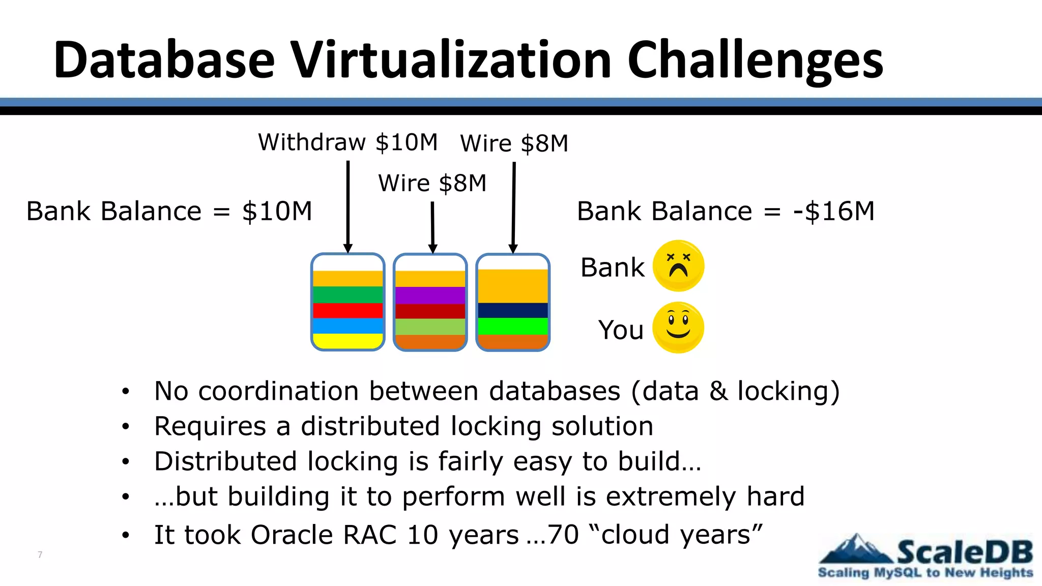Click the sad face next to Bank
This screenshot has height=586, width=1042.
pos(678,266)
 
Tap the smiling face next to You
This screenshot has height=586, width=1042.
pos(678,328)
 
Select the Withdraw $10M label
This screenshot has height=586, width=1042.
pos(348,142)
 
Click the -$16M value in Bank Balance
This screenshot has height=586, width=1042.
pos(833,211)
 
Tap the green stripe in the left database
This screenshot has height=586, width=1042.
pos(348,295)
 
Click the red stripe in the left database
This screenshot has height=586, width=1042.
pos(348,310)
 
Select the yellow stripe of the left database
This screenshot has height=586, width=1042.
pos(348,341)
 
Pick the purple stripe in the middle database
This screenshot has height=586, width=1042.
pos(430,296)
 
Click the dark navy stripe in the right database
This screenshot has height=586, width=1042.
pos(513,310)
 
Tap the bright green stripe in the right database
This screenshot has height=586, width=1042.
pos(513,326)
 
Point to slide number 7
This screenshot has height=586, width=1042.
pos(40,554)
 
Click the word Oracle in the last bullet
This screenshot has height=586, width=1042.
pos(292,535)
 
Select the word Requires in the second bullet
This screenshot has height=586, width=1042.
pos(210,426)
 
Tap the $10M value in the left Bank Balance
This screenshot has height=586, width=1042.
pos(277,211)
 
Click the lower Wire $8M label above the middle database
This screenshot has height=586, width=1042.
pos(432,184)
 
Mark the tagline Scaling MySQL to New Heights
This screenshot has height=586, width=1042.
pos(925,573)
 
